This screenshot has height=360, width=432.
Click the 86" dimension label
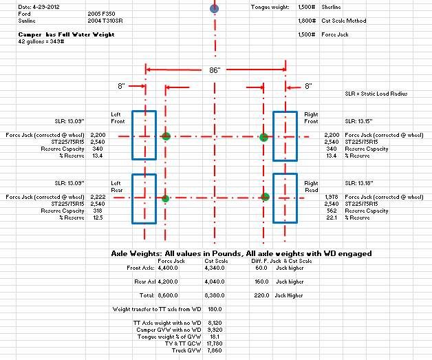pyautogui.click(x=215, y=70)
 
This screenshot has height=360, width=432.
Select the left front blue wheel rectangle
pyautogui.click(x=144, y=135)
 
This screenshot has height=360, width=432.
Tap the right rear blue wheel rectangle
pyautogui.click(x=285, y=198)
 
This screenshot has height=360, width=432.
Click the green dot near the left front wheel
pyautogui.click(x=165, y=136)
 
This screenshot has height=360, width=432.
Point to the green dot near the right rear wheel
pyautogui.click(x=266, y=198)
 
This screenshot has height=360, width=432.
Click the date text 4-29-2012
pyautogui.click(x=24, y=6)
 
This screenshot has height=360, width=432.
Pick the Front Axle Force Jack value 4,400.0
pyautogui.click(x=169, y=268)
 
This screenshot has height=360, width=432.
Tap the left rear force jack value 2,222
pyautogui.click(x=98, y=197)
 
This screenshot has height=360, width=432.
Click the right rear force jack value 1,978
pyautogui.click(x=332, y=197)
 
